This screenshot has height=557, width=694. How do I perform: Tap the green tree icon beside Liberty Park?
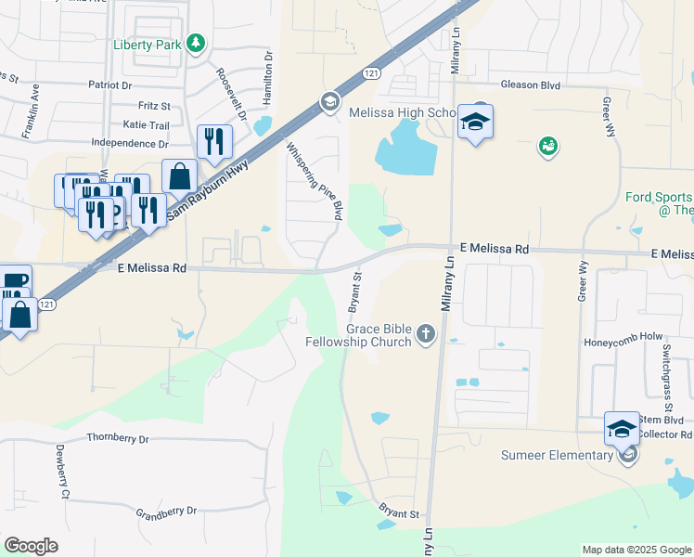pyautogui.click(x=195, y=43)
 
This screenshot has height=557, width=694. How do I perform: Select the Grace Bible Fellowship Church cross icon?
pyautogui.click(x=425, y=333)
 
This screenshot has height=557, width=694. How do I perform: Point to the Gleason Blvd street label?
pyautogui.click(x=532, y=84)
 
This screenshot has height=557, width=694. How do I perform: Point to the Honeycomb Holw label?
pyautogui.click(x=621, y=342)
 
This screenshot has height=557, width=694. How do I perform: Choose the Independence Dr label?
pyautogui.click(x=130, y=144)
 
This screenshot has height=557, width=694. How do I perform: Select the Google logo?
pyautogui.click(x=32, y=546)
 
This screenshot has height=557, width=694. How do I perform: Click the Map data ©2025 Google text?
pyautogui.click(x=636, y=550)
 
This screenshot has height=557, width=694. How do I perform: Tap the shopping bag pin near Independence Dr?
pyautogui.click(x=179, y=175)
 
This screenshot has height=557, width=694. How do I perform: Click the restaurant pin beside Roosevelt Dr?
pyautogui.click(x=214, y=141)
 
